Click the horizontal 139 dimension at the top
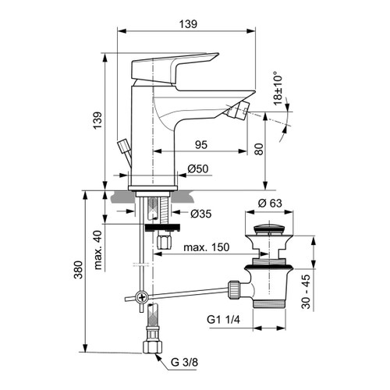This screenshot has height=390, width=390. pyautogui.click(x=187, y=26)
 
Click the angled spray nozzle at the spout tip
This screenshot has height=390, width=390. pyautogui.click(x=238, y=108)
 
